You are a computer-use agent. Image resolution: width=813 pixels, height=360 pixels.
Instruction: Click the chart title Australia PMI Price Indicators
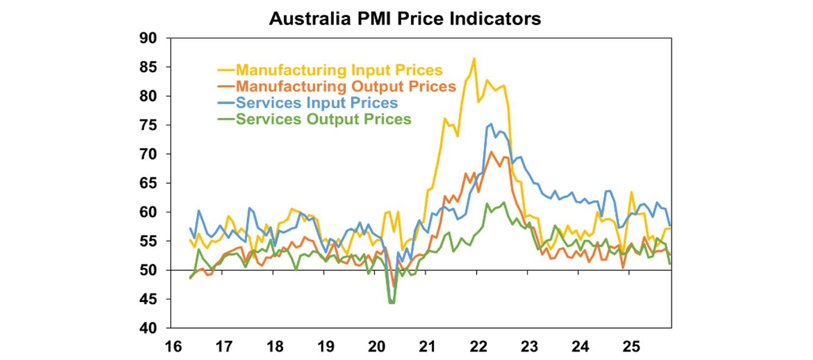point(405,19)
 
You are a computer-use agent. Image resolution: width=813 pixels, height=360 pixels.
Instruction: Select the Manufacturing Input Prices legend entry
point(339,70)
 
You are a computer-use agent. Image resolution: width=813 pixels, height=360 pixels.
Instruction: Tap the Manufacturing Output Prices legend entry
point(346,86)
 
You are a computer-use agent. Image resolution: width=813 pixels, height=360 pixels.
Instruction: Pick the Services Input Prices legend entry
point(317,103)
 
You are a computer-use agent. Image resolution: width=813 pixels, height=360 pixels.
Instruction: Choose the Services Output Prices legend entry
point(323,119)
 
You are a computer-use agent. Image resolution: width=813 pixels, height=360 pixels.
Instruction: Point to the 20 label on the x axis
point(376,347)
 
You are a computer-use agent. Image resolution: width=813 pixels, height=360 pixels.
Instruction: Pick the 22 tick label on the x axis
point(478,347)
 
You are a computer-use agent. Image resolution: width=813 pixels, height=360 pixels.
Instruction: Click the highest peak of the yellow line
point(474,58)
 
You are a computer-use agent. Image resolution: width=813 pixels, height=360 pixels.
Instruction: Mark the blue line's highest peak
point(491,124)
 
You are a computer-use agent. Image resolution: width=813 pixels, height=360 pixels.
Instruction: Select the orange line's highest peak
point(491,152)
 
